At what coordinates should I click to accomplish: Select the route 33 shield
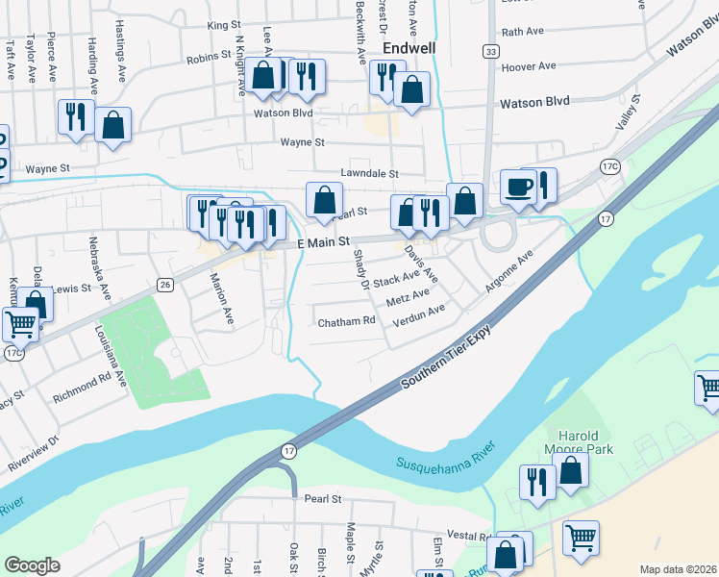(491, 51)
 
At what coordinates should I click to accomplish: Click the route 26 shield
(165, 284)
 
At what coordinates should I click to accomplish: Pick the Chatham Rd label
(346, 322)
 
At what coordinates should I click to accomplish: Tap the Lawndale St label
(369, 173)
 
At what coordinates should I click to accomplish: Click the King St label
(223, 25)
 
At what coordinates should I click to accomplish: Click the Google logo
(32, 565)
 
